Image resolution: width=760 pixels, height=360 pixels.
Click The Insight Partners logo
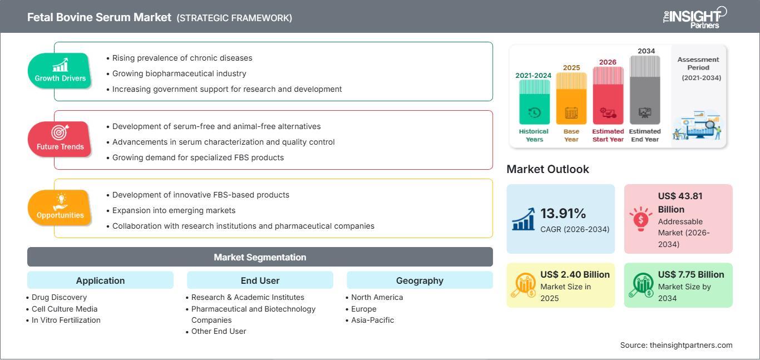point(695,18)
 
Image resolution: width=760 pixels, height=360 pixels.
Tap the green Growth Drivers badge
point(60,71)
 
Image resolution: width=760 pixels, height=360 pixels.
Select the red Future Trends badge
point(60,140)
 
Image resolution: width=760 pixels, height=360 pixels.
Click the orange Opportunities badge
point(60,208)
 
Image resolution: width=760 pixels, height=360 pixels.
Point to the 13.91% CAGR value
point(563,214)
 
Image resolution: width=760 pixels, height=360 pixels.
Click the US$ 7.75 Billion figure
point(691,274)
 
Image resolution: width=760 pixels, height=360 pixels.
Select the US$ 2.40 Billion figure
point(575,274)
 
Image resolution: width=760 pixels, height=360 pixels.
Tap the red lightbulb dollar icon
point(640,219)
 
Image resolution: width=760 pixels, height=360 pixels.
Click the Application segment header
point(101,280)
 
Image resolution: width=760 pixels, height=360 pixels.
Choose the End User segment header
point(260,280)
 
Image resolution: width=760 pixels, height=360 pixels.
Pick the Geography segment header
point(420,280)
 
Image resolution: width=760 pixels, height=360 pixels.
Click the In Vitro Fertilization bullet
point(63,320)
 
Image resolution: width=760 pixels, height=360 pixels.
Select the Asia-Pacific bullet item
point(370,320)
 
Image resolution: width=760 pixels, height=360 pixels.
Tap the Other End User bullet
point(216,331)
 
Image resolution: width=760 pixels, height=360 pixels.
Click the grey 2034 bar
point(645,90)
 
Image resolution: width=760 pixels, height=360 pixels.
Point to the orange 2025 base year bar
point(571,98)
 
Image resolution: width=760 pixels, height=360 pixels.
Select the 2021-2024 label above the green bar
point(534,75)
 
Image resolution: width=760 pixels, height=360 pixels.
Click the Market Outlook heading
point(547,169)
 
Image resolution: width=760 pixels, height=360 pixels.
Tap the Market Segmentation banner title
point(260,257)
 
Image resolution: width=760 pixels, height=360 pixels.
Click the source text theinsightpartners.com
point(691,345)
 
